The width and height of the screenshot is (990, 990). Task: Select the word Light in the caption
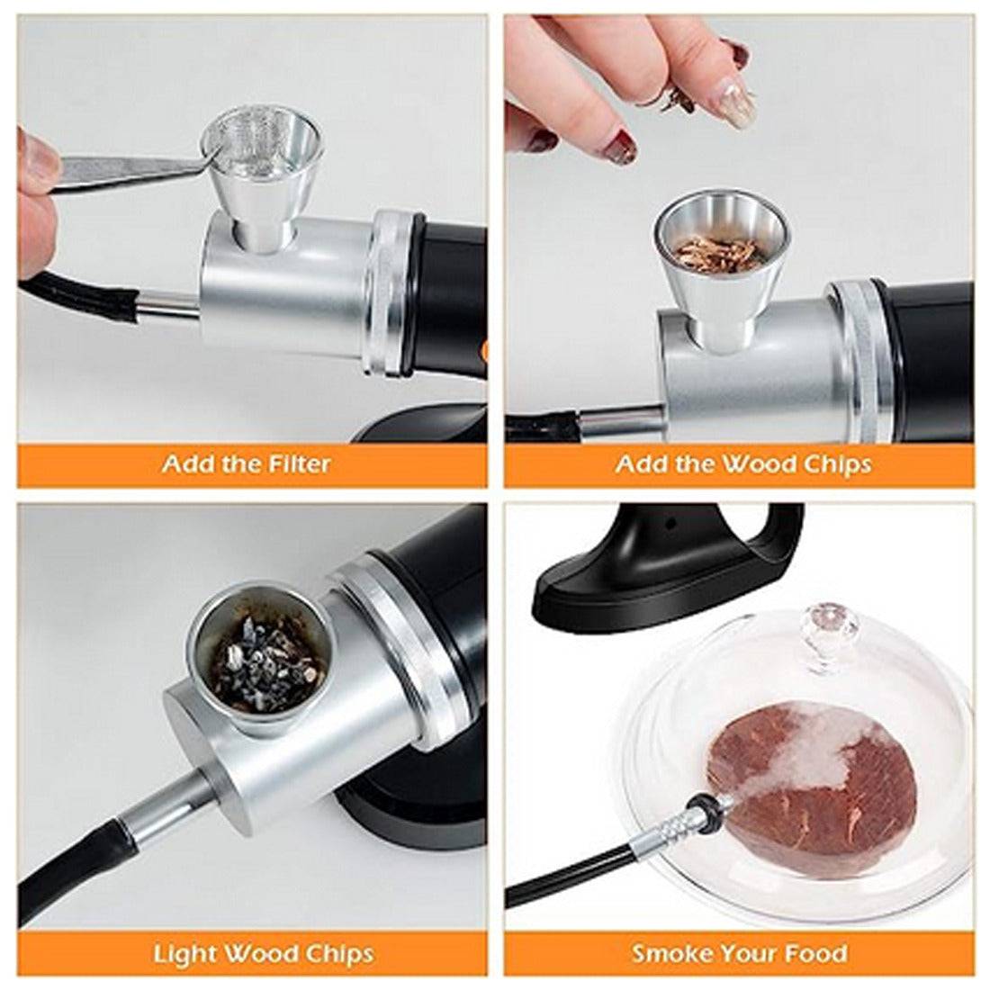185,953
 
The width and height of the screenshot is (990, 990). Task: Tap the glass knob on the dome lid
828,632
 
